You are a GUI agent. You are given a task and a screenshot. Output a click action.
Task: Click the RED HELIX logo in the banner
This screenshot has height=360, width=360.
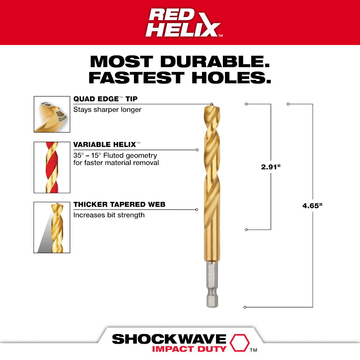pyautogui.click(x=184, y=22)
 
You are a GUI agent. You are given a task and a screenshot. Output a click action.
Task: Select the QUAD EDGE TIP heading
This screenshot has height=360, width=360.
pyautogui.click(x=105, y=99)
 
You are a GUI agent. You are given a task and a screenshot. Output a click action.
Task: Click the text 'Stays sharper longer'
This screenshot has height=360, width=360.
pyautogui.click(x=107, y=109)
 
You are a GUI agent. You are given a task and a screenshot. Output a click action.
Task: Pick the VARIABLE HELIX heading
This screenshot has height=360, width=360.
pyautogui.click(x=104, y=144)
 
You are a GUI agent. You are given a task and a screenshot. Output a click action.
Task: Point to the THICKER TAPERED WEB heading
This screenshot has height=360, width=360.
pyautogui.click(x=119, y=204)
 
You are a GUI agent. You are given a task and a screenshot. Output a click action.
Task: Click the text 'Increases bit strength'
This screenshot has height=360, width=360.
pyautogui.click(x=109, y=215)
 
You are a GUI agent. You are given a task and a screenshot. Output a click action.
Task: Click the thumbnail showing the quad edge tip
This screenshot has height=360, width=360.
pyautogui.click(x=52, y=114)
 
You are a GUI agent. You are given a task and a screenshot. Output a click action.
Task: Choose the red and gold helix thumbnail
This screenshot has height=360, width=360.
pyautogui.click(x=52, y=167)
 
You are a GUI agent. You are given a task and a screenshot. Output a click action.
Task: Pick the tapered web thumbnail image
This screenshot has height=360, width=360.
pyautogui.click(x=52, y=227)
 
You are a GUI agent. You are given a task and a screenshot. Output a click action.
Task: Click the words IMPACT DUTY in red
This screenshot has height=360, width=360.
pyautogui.click(x=189, y=349)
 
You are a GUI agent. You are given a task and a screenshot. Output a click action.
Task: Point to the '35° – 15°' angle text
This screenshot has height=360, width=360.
pyautogui.click(x=89, y=156)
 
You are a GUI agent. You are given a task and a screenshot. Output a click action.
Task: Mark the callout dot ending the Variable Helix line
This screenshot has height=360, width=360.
pyautogui.click(x=197, y=150)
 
